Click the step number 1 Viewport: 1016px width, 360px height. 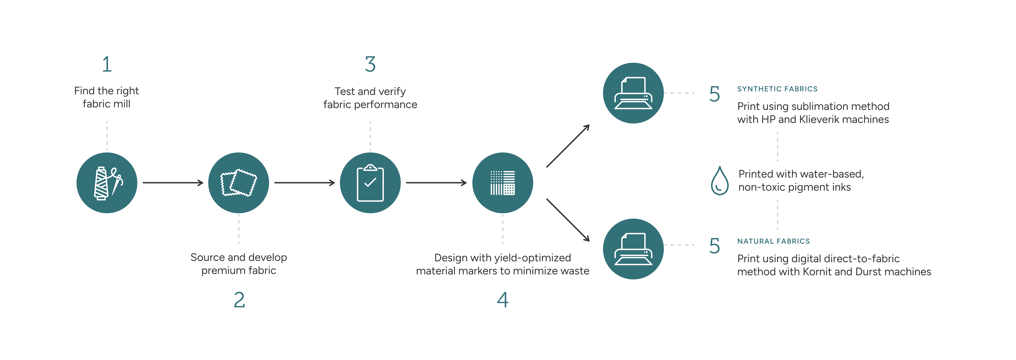click(x=107, y=64)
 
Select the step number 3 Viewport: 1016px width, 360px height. click(x=370, y=64)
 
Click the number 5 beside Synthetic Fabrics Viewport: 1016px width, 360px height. click(x=714, y=94)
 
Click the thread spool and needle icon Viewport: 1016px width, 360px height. click(x=107, y=183)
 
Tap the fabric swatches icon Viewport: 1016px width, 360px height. click(x=239, y=183)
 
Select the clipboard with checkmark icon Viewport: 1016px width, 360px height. click(x=370, y=183)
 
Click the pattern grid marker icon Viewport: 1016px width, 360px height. click(x=502, y=183)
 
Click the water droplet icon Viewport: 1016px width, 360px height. click(x=719, y=181)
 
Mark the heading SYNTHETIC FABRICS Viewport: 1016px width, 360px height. click(x=777, y=89)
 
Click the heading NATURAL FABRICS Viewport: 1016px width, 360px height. click(x=773, y=241)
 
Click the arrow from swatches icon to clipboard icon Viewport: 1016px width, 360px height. click(x=304, y=183)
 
